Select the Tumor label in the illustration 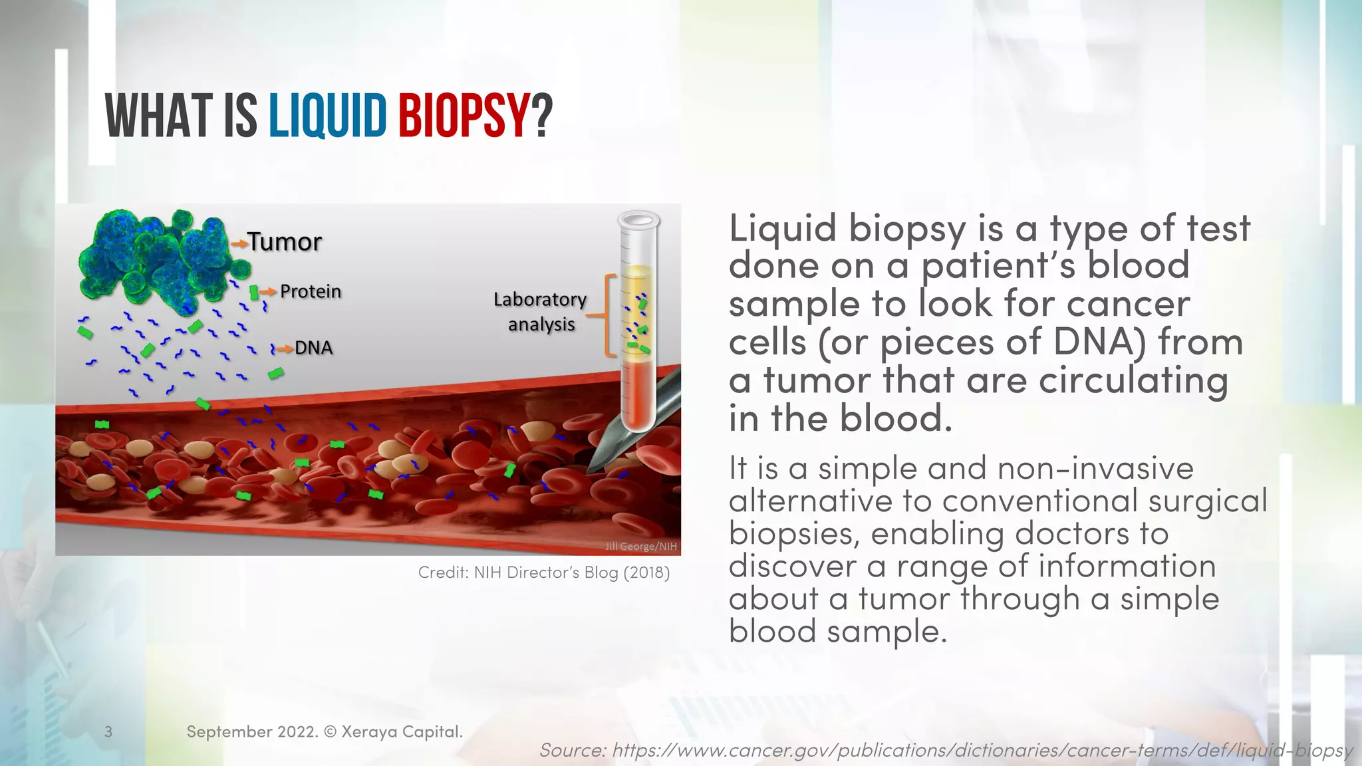click(x=285, y=242)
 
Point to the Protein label click(x=310, y=291)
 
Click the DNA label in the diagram click(x=313, y=348)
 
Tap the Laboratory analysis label click(x=540, y=311)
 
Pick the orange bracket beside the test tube click(x=607, y=315)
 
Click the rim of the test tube click(x=638, y=219)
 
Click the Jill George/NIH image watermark click(x=640, y=546)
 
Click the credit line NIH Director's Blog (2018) click(x=543, y=573)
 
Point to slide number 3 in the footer click(x=108, y=732)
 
